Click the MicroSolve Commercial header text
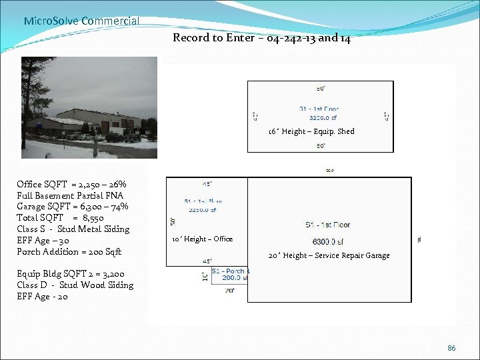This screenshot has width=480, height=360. (81, 21)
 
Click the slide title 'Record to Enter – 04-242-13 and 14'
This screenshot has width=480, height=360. (261, 37)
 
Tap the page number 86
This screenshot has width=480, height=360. (451, 348)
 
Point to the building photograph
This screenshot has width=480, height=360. (89, 107)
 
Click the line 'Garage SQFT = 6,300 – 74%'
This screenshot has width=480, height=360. (73, 207)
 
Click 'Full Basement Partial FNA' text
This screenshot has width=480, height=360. (70, 195)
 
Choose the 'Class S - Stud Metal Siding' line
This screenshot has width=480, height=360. (73, 229)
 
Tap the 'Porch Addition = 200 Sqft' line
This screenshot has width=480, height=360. (69, 251)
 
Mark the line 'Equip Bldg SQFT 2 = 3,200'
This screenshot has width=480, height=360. (71, 274)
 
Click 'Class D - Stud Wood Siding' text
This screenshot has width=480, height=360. (75, 285)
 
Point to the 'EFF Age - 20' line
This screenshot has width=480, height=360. (43, 297)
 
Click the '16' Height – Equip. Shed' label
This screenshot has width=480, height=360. (311, 131)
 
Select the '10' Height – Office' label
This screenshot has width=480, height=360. (202, 239)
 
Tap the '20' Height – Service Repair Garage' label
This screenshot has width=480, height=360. (329, 255)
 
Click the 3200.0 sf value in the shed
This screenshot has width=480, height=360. (323, 117)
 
